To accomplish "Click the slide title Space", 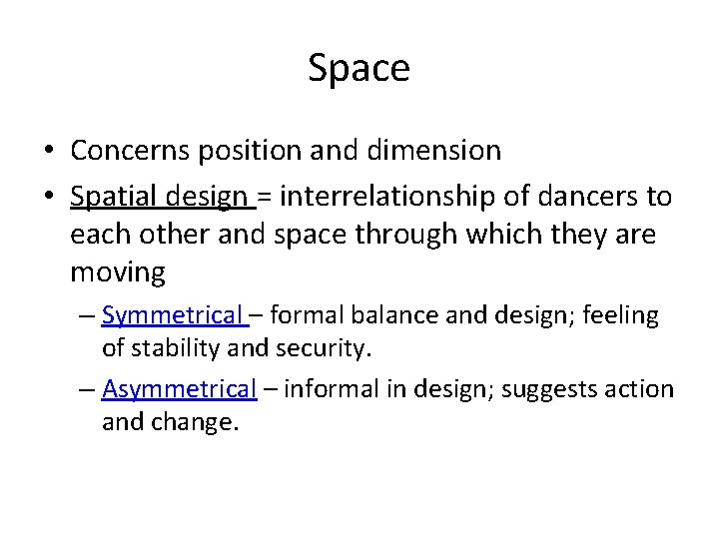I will pyautogui.click(x=359, y=68).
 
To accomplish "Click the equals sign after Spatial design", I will pyautogui.click(x=265, y=198).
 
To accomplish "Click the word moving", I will pyautogui.click(x=118, y=270).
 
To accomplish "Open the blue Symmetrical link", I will pyautogui.click(x=171, y=316).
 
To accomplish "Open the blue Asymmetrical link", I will pyautogui.click(x=180, y=388).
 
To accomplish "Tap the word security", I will pyautogui.click(x=325, y=349).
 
